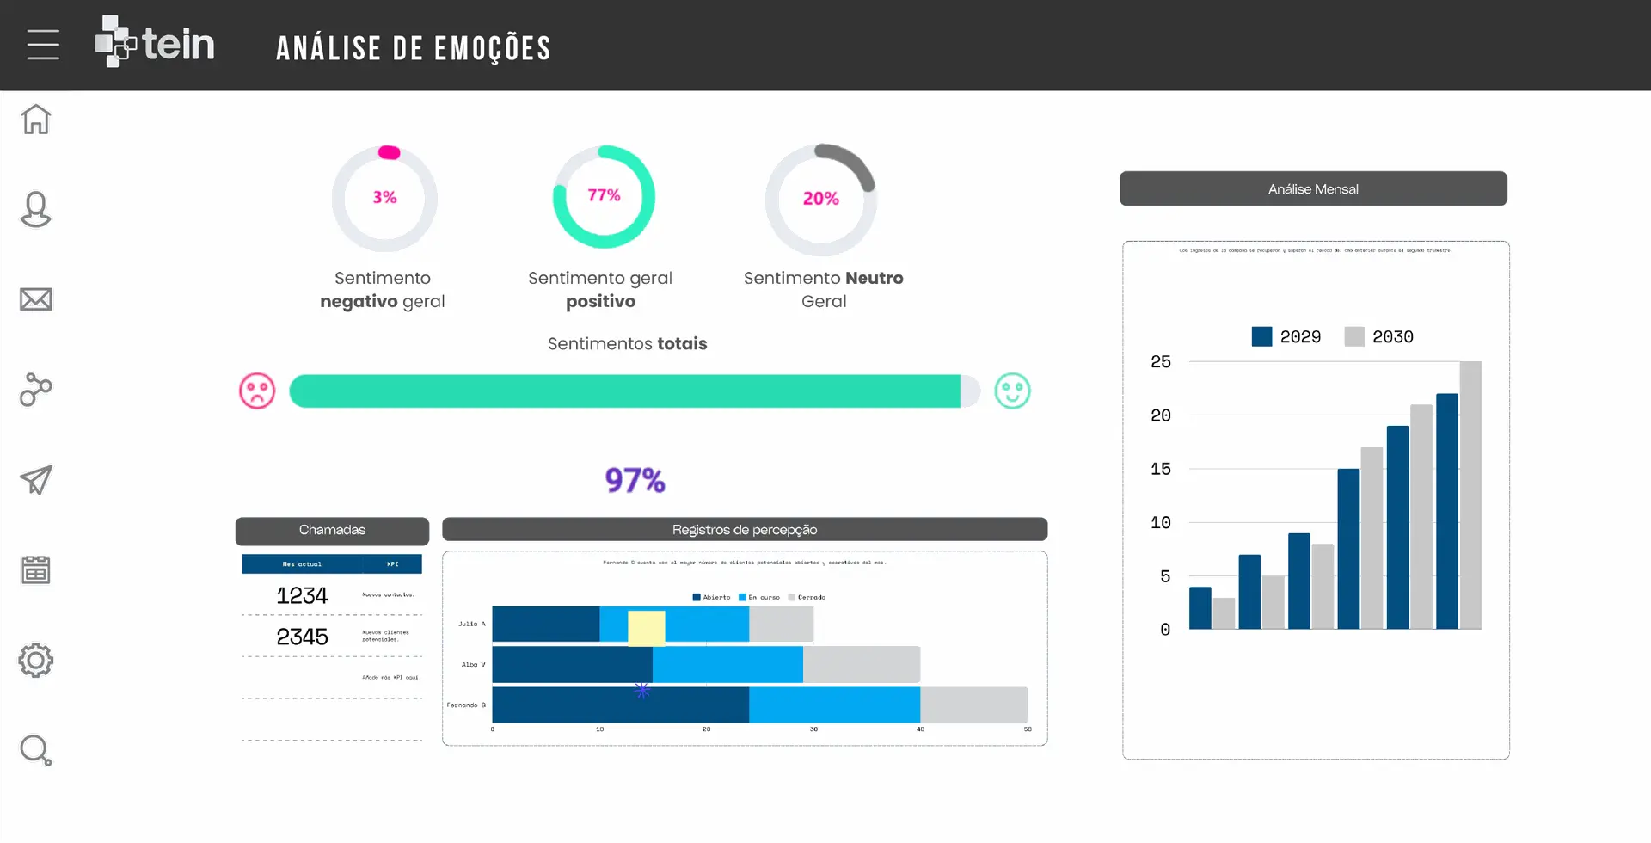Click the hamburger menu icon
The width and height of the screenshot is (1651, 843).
(43, 45)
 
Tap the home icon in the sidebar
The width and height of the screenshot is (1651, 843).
(36, 120)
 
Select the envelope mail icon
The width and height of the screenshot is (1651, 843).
(36, 299)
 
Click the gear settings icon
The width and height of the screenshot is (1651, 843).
(36, 661)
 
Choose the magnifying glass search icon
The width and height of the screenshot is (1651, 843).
(36, 751)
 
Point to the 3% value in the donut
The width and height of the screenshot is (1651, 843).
(384, 198)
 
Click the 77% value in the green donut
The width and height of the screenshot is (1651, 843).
(604, 196)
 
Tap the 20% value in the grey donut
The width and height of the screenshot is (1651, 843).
(820, 199)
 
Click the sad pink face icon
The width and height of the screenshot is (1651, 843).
(257, 391)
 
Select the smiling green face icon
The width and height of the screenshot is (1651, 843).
(1012, 391)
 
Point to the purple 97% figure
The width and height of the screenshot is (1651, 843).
(635, 480)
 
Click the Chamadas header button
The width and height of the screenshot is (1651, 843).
(332, 530)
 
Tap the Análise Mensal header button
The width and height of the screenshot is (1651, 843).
(1313, 189)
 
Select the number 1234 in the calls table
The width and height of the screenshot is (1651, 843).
(302, 595)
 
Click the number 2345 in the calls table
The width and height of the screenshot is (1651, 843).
(302, 637)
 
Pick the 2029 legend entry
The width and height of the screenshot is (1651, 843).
(1286, 337)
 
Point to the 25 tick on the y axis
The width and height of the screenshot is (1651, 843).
(1160, 362)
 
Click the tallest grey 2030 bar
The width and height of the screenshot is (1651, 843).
(1470, 495)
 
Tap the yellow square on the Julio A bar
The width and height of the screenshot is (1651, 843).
(647, 628)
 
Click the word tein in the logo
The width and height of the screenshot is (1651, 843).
(178, 45)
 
